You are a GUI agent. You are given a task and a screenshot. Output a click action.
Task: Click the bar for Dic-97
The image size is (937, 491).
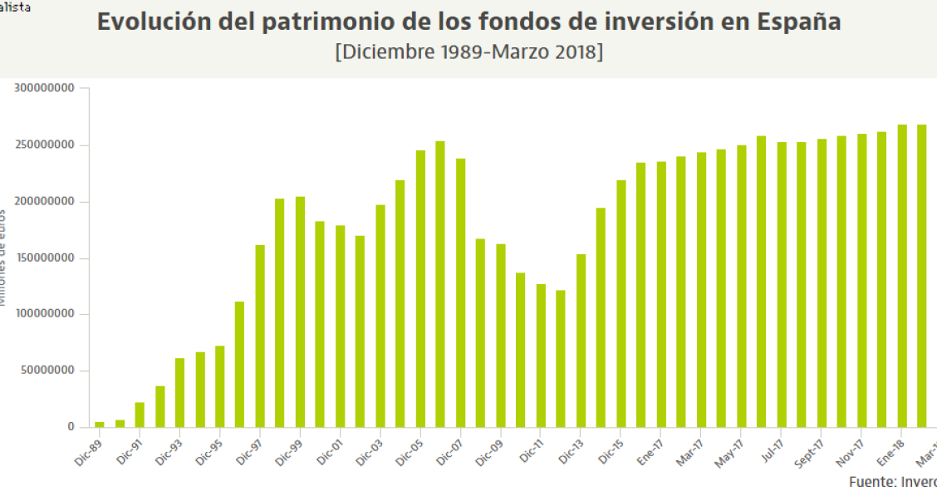coord(260,336)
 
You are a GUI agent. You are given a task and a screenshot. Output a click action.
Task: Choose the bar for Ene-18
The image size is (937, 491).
coord(901,276)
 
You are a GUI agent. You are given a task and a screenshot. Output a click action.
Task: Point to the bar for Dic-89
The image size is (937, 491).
coord(100,425)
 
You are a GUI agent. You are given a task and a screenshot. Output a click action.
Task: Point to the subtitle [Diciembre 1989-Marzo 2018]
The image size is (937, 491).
coord(468,52)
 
